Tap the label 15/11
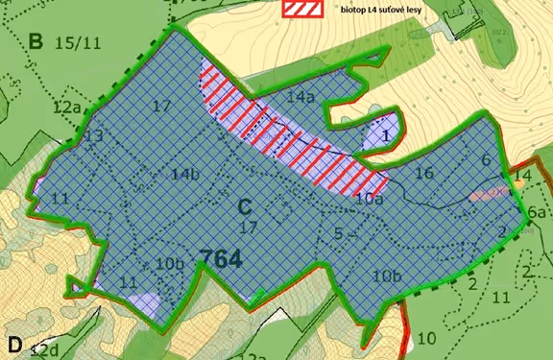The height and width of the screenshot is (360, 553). (x=76, y=43)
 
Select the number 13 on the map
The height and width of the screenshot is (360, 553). (x=92, y=137)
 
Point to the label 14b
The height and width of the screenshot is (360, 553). (x=185, y=174)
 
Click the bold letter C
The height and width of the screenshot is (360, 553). (x=245, y=205)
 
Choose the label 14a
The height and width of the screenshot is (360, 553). (x=301, y=97)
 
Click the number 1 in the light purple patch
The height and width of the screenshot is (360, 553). (x=384, y=136)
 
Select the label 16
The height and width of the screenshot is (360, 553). (x=424, y=174)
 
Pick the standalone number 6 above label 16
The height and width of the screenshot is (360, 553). (x=486, y=160)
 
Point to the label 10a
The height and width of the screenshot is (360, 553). (x=369, y=199)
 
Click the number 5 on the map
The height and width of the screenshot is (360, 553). (x=339, y=231)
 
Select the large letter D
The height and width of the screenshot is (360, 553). (x=15, y=345)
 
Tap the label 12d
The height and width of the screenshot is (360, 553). (x=45, y=347)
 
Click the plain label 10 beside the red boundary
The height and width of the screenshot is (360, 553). (x=426, y=337)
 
